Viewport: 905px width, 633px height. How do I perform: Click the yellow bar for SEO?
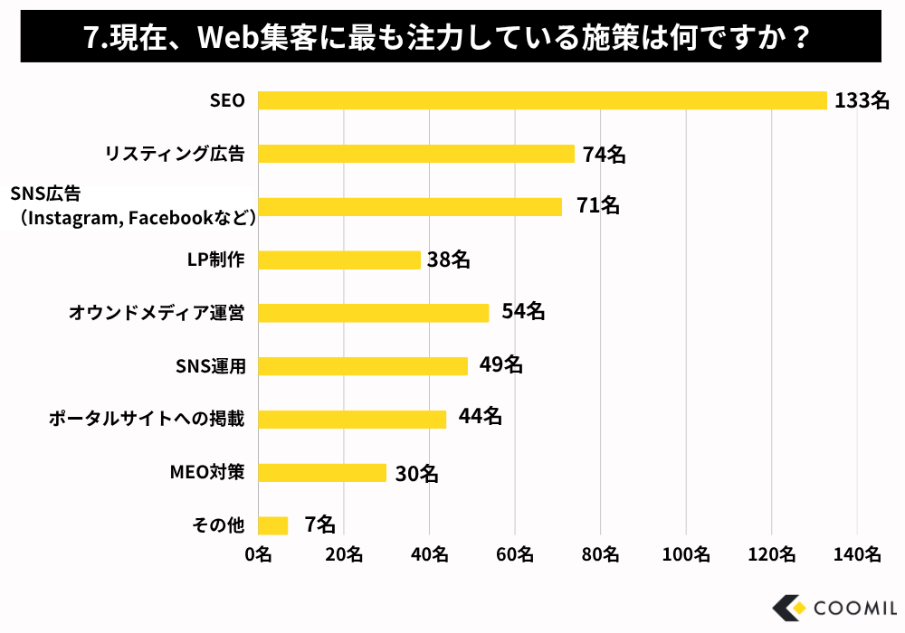pyautogui.click(x=542, y=100)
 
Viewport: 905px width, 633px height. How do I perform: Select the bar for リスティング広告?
pyautogui.click(x=416, y=154)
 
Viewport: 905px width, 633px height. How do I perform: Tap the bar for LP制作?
pyautogui.click(x=339, y=260)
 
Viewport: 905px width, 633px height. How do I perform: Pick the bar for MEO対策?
pyautogui.click(x=322, y=473)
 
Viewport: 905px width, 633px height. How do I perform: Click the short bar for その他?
pyautogui.click(x=272, y=525)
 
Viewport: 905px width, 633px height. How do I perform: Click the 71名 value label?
pyautogui.click(x=598, y=206)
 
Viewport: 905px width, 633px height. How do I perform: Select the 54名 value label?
pyautogui.click(x=523, y=312)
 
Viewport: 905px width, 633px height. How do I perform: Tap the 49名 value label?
pyautogui.click(x=501, y=365)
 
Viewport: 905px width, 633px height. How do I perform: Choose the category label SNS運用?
pyautogui.click(x=210, y=366)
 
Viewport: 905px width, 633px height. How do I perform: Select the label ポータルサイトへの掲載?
pyautogui.click(x=147, y=420)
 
